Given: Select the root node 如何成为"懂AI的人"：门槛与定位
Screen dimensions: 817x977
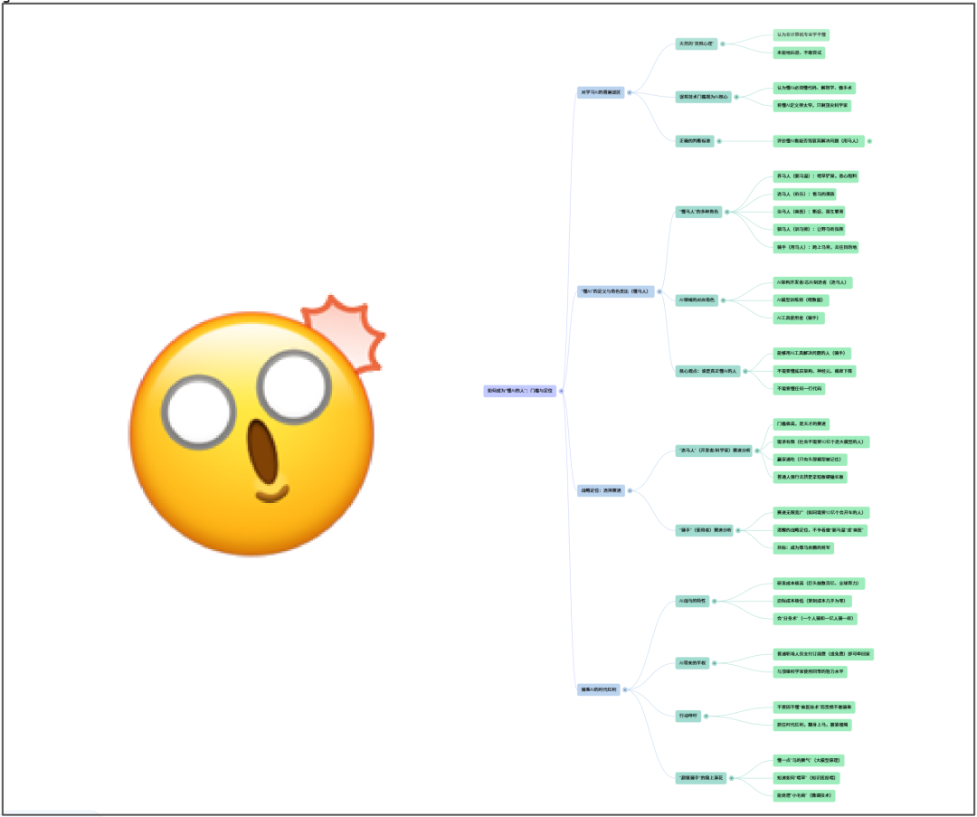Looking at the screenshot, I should (520, 391).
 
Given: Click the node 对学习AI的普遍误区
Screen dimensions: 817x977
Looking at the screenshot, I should (601, 92).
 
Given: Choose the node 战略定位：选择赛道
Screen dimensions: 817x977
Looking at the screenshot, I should (601, 490).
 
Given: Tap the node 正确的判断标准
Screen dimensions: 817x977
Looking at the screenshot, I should (695, 141).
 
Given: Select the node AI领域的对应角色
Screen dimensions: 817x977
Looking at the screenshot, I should (697, 300).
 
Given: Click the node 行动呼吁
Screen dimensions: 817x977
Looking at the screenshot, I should (689, 716).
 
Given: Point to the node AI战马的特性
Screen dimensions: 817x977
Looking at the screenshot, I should (693, 601).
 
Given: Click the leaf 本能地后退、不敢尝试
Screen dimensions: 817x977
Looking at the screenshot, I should (799, 52).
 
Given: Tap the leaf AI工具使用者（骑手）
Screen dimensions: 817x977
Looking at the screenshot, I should (799, 318).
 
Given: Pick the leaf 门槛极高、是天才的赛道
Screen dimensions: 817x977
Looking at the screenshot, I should (802, 423).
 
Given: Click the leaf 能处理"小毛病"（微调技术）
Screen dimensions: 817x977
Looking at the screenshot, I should (803, 795).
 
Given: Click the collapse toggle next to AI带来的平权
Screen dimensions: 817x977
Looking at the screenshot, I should (715, 663).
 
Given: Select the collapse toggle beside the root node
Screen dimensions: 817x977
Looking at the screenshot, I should (562, 391).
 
